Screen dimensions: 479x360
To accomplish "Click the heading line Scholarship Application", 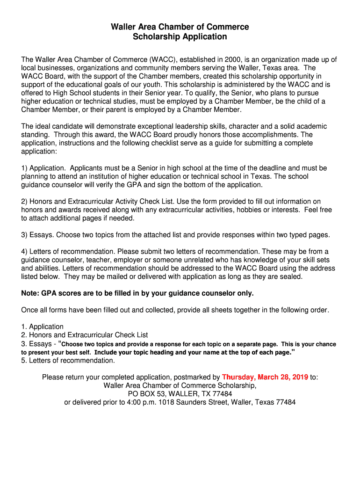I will point(180,36).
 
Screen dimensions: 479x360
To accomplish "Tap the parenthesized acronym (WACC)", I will point(163,59).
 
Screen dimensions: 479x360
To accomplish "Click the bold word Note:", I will point(30,293).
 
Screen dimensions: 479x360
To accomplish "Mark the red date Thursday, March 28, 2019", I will point(265,377).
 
